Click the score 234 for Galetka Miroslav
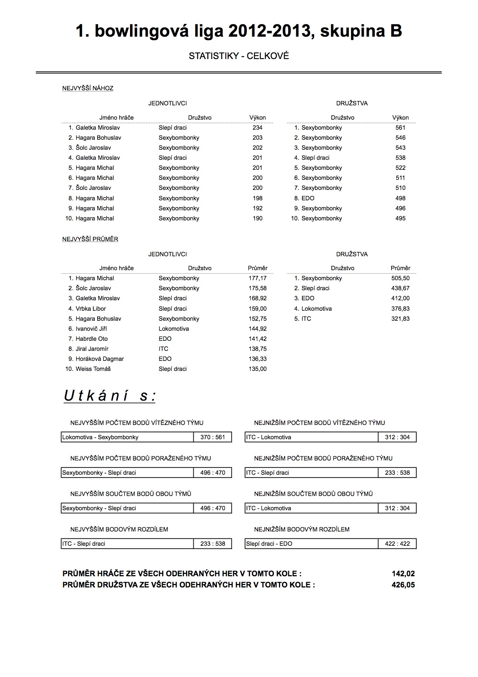(x=257, y=128)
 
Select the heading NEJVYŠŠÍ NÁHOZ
(x=88, y=88)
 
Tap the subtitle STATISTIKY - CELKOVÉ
(x=239, y=56)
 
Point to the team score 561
(x=400, y=128)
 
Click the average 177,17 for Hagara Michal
(x=258, y=278)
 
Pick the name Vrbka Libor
(x=91, y=309)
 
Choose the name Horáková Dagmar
(x=100, y=359)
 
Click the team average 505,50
(x=400, y=278)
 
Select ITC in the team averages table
(x=306, y=319)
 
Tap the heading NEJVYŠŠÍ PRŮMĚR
(x=90, y=239)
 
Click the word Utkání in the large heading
(x=96, y=396)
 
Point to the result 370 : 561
(x=213, y=437)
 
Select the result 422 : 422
(x=397, y=544)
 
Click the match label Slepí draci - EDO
(x=269, y=544)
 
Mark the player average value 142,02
(x=403, y=574)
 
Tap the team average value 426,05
(x=403, y=585)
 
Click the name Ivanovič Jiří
(x=91, y=329)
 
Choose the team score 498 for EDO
(x=400, y=198)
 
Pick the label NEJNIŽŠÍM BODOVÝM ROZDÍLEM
(x=302, y=529)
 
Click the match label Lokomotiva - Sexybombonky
(x=100, y=437)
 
